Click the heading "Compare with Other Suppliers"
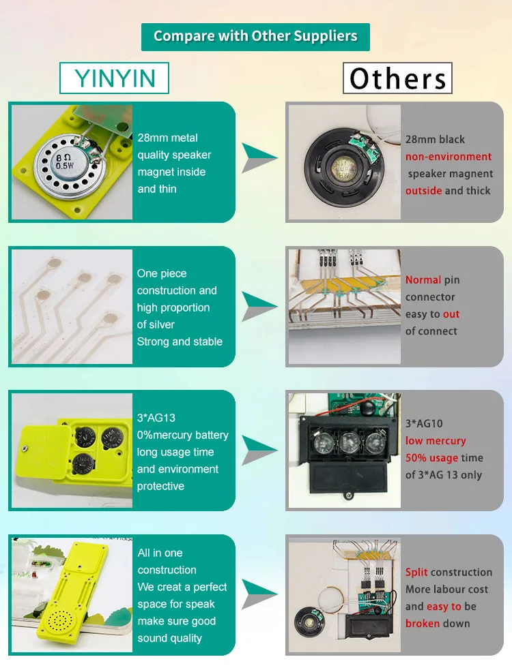click(255, 37)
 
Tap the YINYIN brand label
click(115, 78)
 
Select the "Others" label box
click(397, 78)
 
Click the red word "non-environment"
click(449, 157)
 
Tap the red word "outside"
click(423, 191)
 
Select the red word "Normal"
click(423, 280)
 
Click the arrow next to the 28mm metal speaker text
click(260, 158)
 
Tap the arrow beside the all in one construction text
click(260, 590)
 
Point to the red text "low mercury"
click(436, 441)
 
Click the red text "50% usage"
click(431, 458)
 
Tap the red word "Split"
click(416, 573)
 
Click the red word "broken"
click(423, 624)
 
